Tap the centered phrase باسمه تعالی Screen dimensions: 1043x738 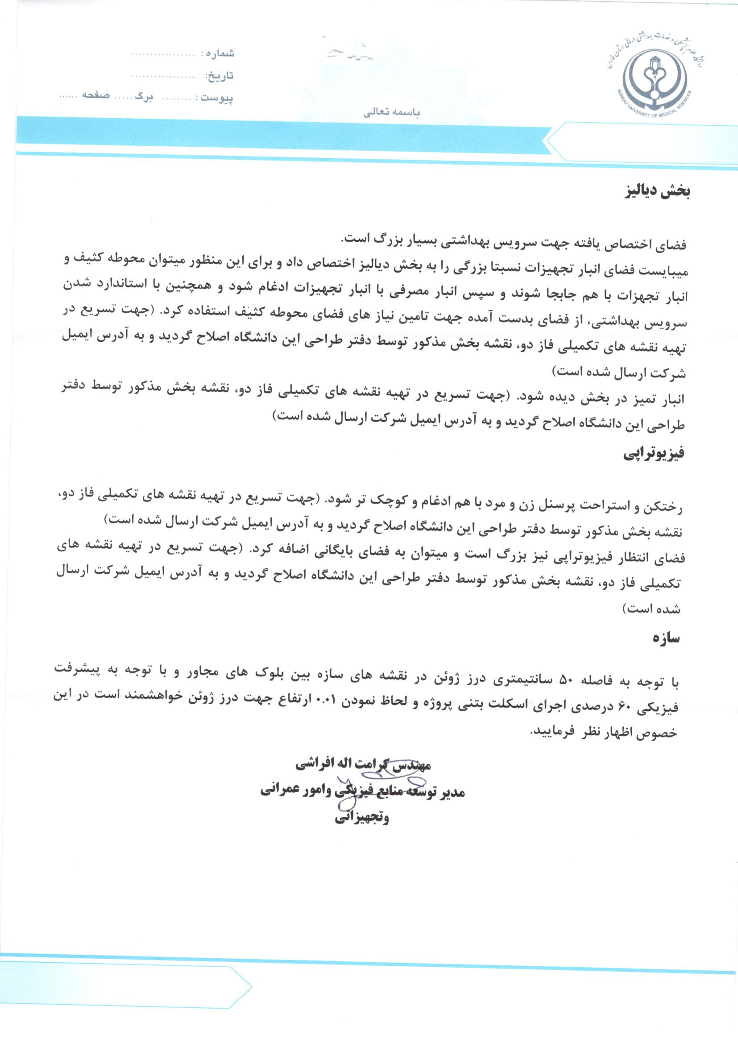pos(392,112)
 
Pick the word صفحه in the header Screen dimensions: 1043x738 pos(96,95)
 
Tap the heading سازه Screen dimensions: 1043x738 pos(666,638)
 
